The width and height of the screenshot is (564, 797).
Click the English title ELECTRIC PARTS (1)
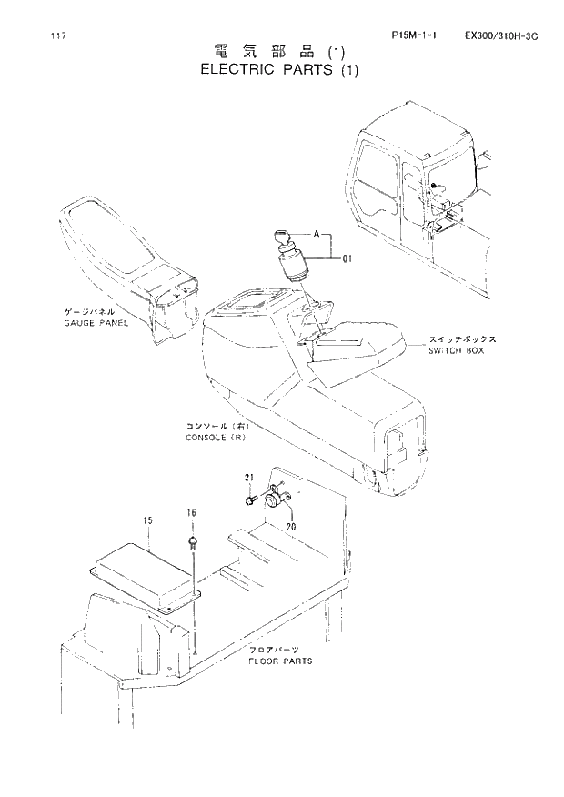click(280, 70)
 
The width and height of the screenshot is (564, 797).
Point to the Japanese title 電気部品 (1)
click(280, 51)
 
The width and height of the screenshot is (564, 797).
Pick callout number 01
click(347, 258)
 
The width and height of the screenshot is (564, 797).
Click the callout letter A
click(317, 235)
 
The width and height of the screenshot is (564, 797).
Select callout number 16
click(192, 514)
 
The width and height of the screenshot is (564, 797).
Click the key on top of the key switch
click(280, 237)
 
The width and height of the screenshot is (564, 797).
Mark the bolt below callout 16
click(194, 543)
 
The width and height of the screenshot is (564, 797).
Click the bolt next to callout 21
click(249, 498)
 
